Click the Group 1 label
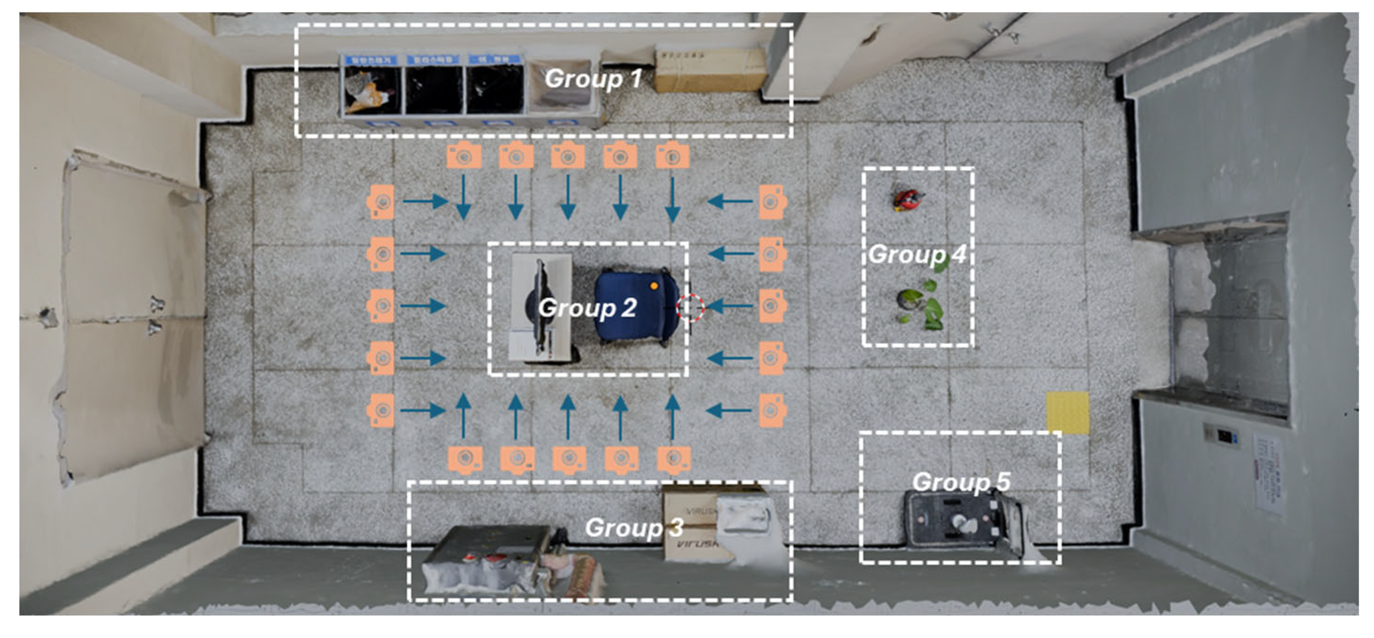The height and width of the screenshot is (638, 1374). pos(593,79)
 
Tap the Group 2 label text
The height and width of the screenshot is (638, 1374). pos(587,308)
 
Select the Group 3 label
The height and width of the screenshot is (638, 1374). pos(634,528)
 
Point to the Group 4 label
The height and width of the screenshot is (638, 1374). pos(917,254)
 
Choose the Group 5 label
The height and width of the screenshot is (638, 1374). pos(961,482)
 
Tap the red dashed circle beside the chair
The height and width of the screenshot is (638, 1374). pos(690,308)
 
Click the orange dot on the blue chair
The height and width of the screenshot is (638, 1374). pos(654,286)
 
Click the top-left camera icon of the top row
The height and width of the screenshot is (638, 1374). pos(464,156)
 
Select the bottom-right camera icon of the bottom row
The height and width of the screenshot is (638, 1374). pos(674,459)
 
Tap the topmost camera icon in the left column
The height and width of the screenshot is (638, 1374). pos(381,202)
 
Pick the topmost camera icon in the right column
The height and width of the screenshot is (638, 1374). pos(772,202)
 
